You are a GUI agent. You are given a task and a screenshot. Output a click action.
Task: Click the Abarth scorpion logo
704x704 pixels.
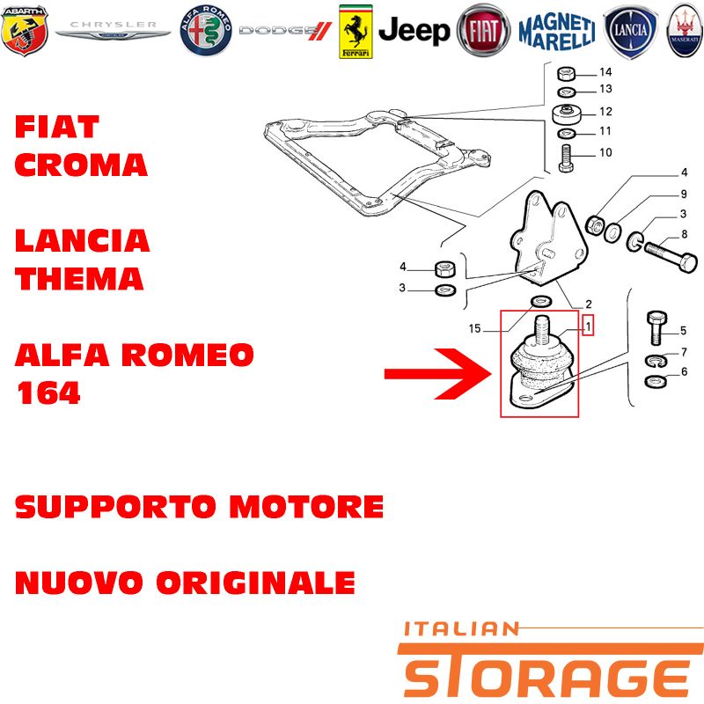tap(25, 31)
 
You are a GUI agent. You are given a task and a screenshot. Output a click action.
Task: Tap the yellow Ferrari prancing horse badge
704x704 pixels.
tap(356, 32)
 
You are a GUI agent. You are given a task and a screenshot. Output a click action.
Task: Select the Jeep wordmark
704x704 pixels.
tap(414, 31)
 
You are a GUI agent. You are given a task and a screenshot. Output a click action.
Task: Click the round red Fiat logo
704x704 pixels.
tap(483, 31)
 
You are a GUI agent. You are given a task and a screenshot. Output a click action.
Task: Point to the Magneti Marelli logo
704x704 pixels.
tap(557, 31)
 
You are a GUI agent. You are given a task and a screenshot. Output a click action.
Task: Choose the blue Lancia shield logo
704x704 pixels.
tap(630, 31)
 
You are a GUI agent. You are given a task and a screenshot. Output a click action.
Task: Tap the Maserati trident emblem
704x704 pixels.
tap(685, 31)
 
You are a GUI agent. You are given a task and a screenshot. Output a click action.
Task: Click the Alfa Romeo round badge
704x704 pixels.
tap(206, 31)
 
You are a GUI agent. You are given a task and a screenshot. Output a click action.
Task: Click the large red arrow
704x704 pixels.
tap(438, 373)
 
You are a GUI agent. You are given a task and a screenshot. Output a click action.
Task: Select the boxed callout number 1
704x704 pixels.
tap(588, 326)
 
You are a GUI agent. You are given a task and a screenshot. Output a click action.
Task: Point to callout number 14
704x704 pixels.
tap(605, 72)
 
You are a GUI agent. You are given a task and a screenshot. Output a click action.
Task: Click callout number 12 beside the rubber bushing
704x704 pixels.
tap(605, 112)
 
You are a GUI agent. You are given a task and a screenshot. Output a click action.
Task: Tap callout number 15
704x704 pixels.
tap(474, 328)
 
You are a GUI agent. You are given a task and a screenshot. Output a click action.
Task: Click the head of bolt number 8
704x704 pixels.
tap(687, 262)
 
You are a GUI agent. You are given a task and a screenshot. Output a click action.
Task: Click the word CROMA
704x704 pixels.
tap(81, 165)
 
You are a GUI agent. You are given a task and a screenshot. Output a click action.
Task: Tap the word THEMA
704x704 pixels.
tap(79, 278)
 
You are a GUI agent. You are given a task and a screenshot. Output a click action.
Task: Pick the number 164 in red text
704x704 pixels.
tap(48, 392)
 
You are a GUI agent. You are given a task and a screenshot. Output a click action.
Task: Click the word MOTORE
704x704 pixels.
tap(306, 507)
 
